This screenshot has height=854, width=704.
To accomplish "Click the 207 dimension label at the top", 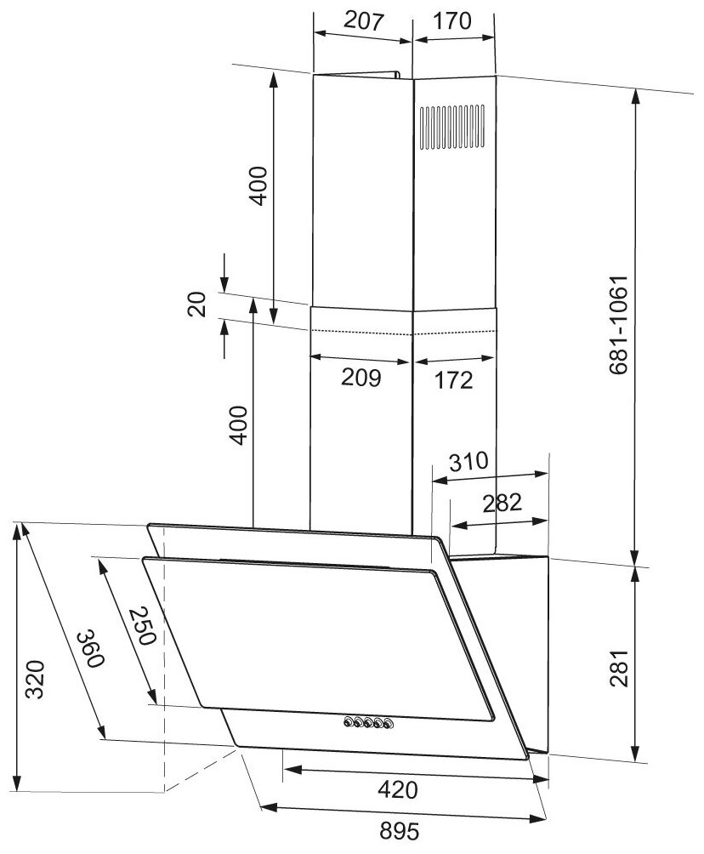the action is [365, 20].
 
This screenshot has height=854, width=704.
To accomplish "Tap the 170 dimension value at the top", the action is [451, 20].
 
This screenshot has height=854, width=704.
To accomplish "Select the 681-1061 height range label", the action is [618, 325].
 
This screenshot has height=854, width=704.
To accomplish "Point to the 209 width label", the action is [361, 377].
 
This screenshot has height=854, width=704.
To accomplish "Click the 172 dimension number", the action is [453, 380].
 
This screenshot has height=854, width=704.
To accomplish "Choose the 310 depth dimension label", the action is [468, 461].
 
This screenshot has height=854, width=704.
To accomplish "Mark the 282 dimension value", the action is [502, 503].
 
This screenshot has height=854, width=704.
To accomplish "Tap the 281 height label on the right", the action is [619, 669].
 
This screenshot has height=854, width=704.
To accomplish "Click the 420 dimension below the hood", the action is [398, 789].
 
